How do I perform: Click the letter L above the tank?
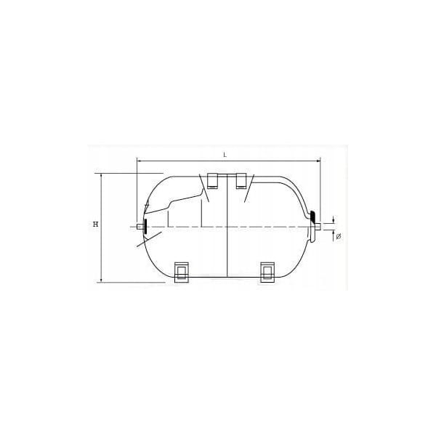(225, 156)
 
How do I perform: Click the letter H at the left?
(96, 224)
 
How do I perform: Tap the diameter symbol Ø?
(339, 237)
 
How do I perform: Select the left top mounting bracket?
(213, 181)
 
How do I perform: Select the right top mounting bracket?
(241, 181)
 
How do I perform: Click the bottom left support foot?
(181, 272)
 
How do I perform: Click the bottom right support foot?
(267, 272)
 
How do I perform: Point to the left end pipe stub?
(140, 227)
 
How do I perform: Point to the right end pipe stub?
(318, 226)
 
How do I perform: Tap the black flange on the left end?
(145, 226)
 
